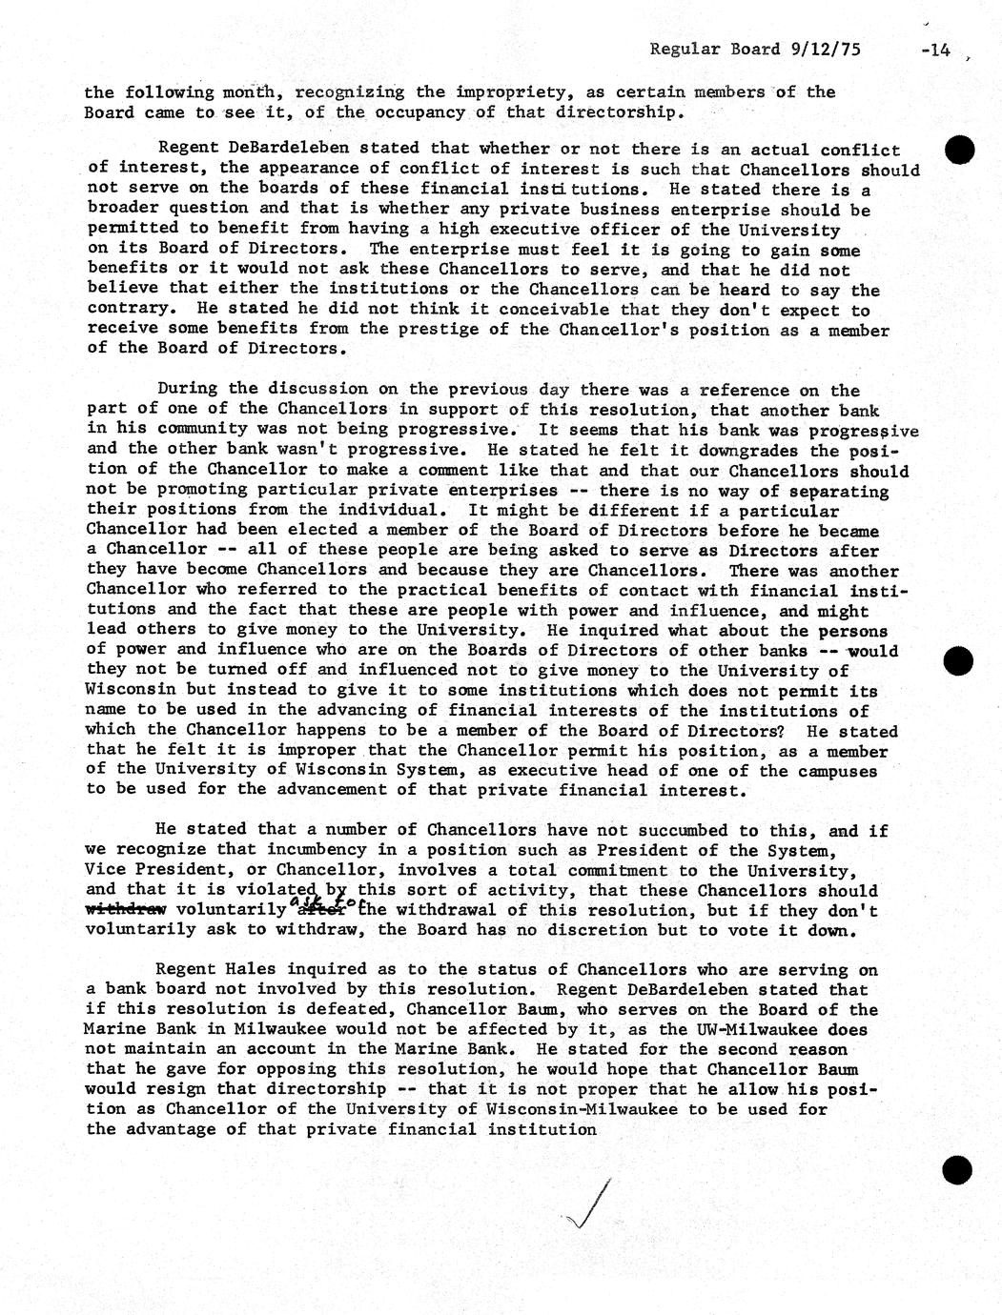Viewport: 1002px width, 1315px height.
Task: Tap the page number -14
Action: pyautogui.click(x=936, y=51)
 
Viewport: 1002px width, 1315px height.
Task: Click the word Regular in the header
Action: pyautogui.click(x=685, y=50)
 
